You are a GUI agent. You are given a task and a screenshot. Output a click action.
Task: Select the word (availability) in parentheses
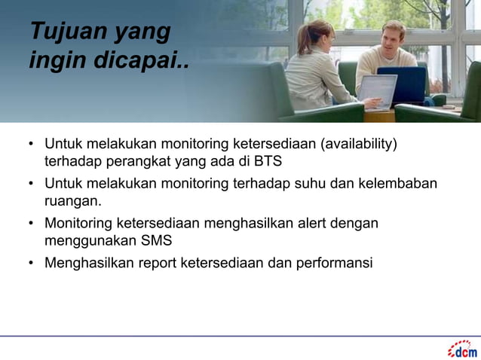[359, 144]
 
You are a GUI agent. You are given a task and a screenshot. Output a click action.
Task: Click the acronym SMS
[156, 241]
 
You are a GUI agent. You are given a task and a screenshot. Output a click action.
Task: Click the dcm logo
[462, 349]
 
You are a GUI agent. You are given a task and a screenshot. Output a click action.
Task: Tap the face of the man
[391, 36]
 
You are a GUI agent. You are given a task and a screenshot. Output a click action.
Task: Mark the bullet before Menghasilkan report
[32, 264]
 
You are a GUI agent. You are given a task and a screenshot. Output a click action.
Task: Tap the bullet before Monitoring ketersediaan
[32, 224]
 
